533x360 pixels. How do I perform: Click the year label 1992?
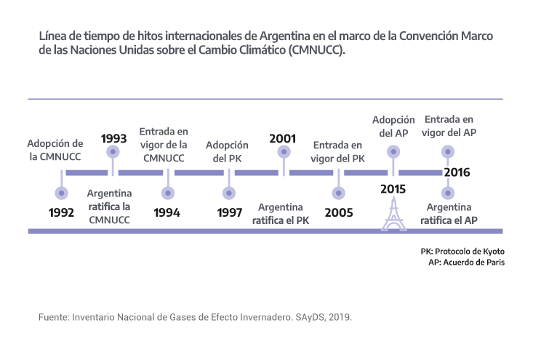[x=62, y=213]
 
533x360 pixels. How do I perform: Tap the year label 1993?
[x=113, y=137]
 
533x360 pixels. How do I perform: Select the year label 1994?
[x=168, y=213]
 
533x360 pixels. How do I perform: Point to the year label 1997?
[x=230, y=213]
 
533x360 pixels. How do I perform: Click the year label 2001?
[x=282, y=137]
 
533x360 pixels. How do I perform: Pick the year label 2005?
[x=339, y=213]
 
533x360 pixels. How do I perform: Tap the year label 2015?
[x=393, y=190]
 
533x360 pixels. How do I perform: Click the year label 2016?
[x=457, y=172]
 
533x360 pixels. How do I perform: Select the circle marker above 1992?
[x=62, y=193]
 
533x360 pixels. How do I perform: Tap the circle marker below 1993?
[x=113, y=152]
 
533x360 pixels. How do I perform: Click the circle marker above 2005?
[x=339, y=193]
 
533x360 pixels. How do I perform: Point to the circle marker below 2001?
[x=284, y=152]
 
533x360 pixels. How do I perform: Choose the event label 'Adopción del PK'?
[x=227, y=152]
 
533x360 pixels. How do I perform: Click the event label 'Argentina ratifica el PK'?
[x=281, y=213]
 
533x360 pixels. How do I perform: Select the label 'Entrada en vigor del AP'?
[x=449, y=125]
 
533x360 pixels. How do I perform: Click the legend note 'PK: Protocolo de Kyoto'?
[x=462, y=251]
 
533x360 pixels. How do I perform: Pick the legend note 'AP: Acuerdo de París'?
[x=467, y=262]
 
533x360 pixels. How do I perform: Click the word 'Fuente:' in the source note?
[x=53, y=319]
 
